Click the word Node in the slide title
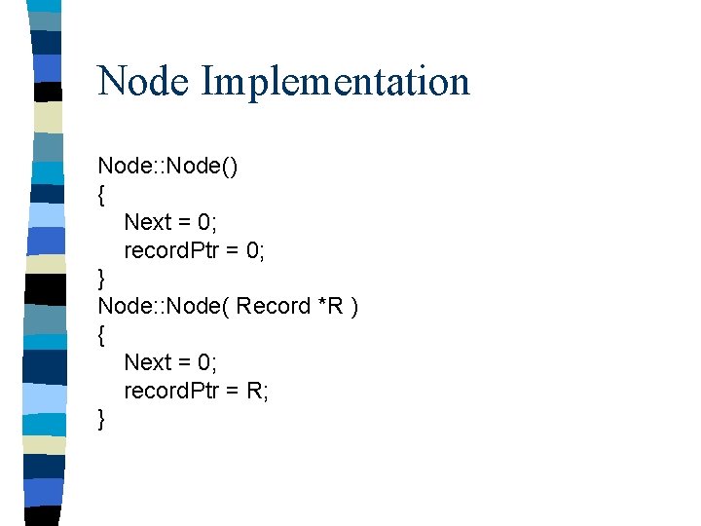point(144,82)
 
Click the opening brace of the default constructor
point(101,195)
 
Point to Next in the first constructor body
point(147,222)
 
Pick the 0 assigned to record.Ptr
point(254,250)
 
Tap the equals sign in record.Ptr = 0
point(234,251)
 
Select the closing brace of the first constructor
point(101,279)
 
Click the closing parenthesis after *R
point(354,307)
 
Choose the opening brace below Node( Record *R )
point(101,334)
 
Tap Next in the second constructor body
point(147,362)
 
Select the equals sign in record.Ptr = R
point(234,391)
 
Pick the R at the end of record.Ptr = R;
point(256,390)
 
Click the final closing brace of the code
point(101,419)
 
